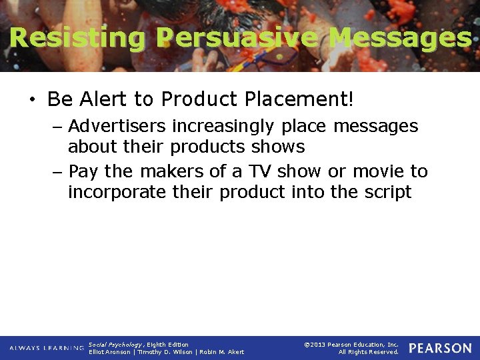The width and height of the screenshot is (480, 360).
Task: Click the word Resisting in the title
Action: tap(77, 37)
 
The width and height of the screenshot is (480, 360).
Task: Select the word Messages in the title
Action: tap(400, 37)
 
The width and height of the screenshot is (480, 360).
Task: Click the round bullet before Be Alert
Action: tap(31, 101)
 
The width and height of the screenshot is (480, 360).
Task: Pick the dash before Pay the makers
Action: tap(58, 172)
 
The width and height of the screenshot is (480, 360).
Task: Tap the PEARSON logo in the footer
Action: tap(440, 349)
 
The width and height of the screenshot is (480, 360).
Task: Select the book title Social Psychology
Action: tap(115, 345)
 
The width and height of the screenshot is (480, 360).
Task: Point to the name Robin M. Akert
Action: tap(222, 352)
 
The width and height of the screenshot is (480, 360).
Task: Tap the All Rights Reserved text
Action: tap(368, 352)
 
